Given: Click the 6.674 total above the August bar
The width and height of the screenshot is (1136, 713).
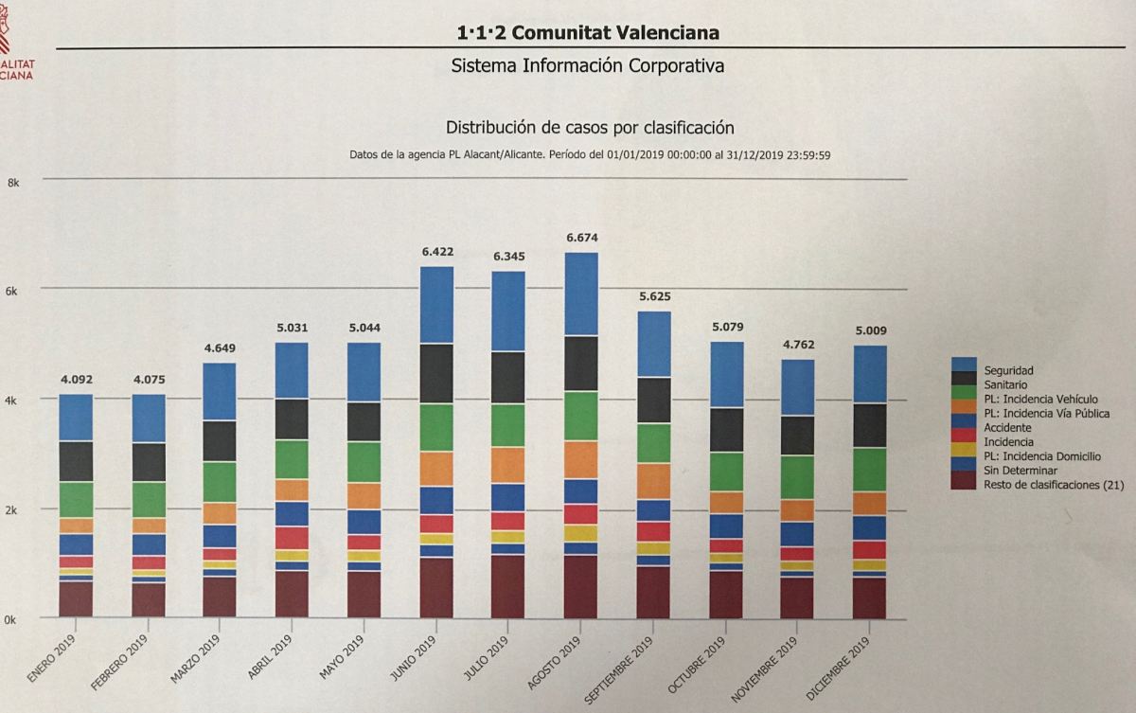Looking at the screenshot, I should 581,238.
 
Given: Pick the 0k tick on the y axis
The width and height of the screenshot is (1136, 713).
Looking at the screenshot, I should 12,619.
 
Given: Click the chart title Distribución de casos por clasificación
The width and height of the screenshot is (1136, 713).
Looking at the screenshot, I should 590,127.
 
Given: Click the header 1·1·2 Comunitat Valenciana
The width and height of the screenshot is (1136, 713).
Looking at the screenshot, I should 588,33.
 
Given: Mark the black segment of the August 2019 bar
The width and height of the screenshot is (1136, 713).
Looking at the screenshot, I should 581,364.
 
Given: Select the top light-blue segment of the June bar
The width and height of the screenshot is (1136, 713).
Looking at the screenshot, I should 436,305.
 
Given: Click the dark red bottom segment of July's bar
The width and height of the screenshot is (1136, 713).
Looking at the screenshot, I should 508,587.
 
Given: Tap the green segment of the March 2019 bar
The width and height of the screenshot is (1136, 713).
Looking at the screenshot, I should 220,482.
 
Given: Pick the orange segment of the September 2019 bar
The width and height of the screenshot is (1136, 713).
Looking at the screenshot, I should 653,481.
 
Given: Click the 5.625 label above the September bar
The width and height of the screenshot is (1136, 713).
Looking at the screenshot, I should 653,297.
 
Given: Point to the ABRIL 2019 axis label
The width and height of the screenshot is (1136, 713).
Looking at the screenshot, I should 269,652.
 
